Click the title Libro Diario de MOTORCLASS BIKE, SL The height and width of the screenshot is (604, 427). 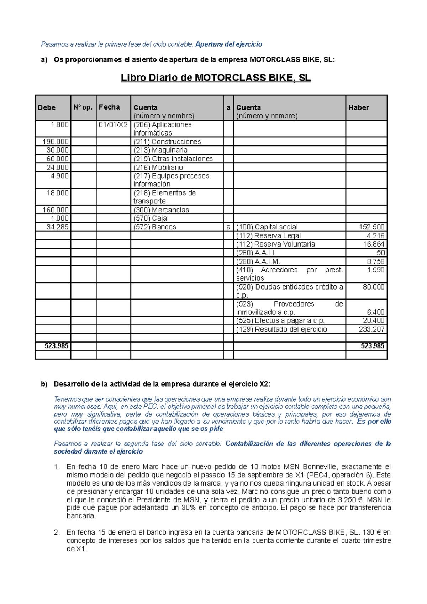tap(216, 78)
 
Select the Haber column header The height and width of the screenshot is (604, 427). tap(358, 107)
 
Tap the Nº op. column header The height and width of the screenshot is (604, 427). tap(83, 107)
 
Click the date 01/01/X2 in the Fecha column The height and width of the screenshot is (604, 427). tap(113, 124)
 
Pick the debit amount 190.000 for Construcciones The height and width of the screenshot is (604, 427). tap(56, 142)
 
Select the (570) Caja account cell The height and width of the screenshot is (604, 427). tap(150, 218)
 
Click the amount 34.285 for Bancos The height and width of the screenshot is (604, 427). tap(58, 227)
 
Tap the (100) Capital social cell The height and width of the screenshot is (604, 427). tap(267, 227)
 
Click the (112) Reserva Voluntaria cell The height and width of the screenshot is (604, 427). tap(275, 244)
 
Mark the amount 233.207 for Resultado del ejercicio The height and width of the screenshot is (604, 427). tap(371, 329)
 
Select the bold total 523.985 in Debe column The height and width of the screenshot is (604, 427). tap(57, 346)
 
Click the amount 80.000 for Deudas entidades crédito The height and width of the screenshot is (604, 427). tap(373, 287)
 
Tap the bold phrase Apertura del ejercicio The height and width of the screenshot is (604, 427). tap(229, 44)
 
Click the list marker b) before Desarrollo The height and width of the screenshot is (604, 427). tap(44, 384)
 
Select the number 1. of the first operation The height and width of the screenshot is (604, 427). tap(57, 467)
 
